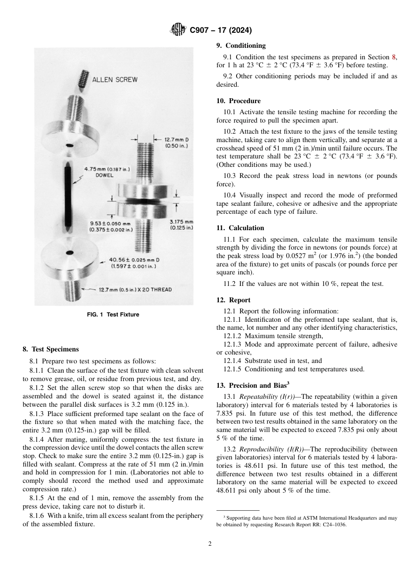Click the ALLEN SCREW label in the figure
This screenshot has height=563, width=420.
pos(115,80)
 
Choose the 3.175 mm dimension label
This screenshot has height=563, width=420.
pos(182,224)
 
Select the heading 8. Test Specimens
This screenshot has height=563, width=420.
pos(51,349)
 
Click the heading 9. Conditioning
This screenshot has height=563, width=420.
pos(241,46)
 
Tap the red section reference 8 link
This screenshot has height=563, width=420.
pos(394,57)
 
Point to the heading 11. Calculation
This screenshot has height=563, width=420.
pos(240,228)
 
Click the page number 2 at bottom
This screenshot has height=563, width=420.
pos(210,544)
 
